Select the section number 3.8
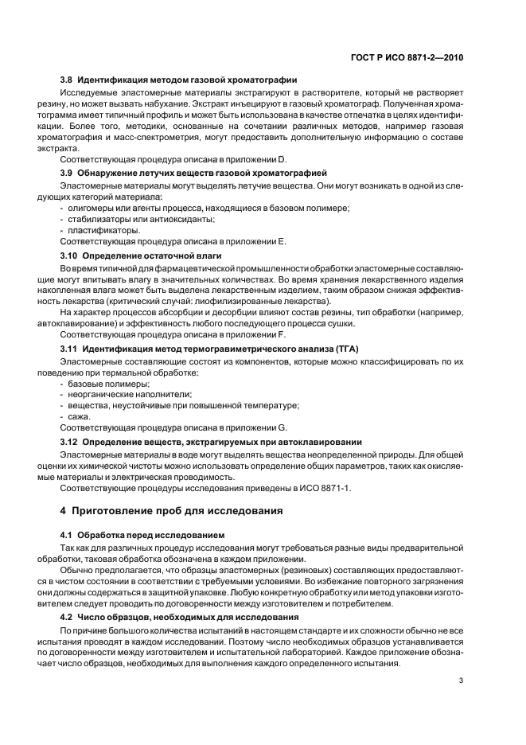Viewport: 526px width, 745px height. (x=68, y=80)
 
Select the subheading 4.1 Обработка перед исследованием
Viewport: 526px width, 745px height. (x=131, y=534)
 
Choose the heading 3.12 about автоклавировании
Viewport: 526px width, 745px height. (x=211, y=440)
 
